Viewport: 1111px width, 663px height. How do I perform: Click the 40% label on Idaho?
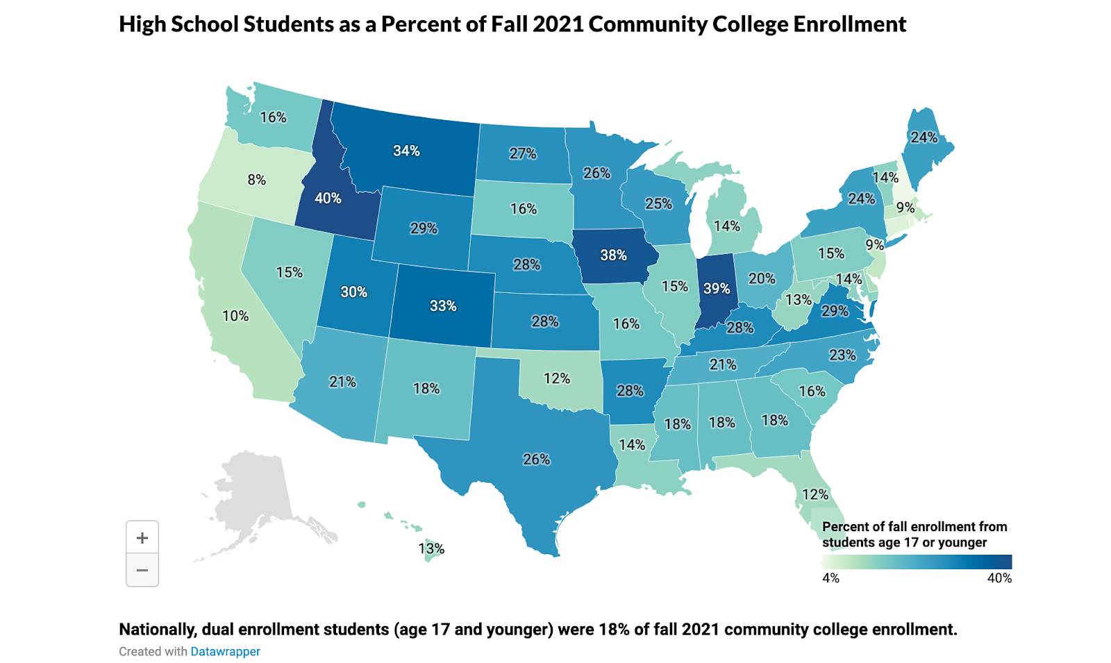point(328,199)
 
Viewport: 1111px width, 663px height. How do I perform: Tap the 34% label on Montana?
point(406,151)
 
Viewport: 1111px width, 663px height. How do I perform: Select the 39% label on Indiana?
point(717,288)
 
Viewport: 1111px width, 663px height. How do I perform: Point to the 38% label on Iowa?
point(613,255)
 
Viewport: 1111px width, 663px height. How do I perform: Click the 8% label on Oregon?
point(256,180)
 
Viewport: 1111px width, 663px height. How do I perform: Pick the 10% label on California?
point(235,316)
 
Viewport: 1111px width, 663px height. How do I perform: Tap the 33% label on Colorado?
point(443,305)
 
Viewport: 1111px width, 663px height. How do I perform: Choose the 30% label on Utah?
point(353,292)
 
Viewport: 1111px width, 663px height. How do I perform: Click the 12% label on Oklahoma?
point(556,378)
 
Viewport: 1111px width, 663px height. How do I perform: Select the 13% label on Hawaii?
point(431,549)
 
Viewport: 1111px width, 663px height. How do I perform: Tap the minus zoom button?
point(142,571)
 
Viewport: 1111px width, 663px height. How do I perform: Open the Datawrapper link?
point(225,651)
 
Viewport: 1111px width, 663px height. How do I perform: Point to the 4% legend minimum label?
point(830,578)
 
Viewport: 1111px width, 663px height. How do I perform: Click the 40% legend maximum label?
point(999,578)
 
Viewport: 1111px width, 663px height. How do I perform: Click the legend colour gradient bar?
point(917,562)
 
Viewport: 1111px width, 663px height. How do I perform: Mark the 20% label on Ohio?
point(762,278)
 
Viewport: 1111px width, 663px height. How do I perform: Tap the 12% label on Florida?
point(815,494)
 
